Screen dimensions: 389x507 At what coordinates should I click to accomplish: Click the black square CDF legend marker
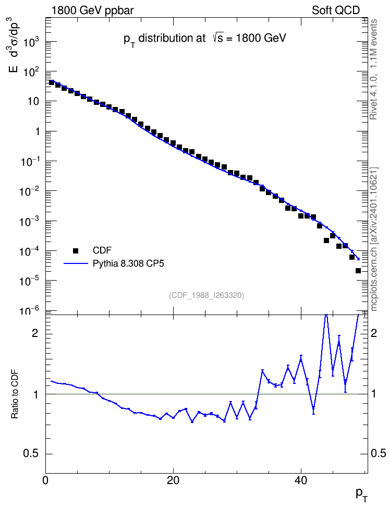click(76, 250)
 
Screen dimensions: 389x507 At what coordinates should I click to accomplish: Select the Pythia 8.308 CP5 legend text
click(128, 263)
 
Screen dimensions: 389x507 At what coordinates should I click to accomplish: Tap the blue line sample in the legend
click(76, 263)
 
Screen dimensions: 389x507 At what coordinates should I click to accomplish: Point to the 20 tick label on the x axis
click(173, 480)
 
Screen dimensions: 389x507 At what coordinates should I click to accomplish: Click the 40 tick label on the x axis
click(301, 480)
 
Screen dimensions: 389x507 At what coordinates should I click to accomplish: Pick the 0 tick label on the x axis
click(45, 480)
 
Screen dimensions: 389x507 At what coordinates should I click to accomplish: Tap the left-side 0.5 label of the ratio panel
click(31, 454)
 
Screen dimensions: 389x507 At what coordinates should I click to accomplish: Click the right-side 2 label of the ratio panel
click(374, 333)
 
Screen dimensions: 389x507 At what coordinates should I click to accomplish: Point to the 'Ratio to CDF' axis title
click(15, 394)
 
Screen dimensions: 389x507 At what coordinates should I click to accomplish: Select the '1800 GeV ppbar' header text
click(92, 10)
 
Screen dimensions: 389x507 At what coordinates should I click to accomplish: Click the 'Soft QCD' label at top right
click(336, 10)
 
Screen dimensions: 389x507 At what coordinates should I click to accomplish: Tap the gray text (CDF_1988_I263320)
click(206, 295)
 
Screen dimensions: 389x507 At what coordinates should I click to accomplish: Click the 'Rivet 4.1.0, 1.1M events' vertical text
click(373, 69)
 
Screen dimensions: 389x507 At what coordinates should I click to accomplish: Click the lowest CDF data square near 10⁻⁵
click(358, 271)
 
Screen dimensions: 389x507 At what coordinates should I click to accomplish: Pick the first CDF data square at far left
click(52, 82)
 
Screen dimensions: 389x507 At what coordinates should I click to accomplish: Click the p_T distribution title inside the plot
click(205, 39)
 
